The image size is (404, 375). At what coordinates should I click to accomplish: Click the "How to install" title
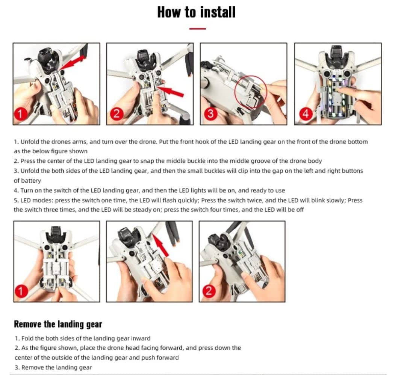[196, 12]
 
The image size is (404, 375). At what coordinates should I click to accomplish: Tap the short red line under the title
[197, 28]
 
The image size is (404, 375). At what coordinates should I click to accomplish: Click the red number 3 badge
[210, 113]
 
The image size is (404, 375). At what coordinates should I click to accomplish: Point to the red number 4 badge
[306, 113]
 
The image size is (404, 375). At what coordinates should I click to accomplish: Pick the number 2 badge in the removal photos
[209, 291]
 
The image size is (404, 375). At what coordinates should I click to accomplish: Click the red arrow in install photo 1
[73, 62]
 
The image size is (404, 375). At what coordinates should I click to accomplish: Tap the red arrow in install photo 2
[170, 91]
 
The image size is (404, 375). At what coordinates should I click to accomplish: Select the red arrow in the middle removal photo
[160, 244]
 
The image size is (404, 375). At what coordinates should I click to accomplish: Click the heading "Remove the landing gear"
[58, 324]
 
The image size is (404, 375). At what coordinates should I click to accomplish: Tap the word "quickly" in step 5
[189, 200]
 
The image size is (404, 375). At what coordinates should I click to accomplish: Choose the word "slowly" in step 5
[335, 200]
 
